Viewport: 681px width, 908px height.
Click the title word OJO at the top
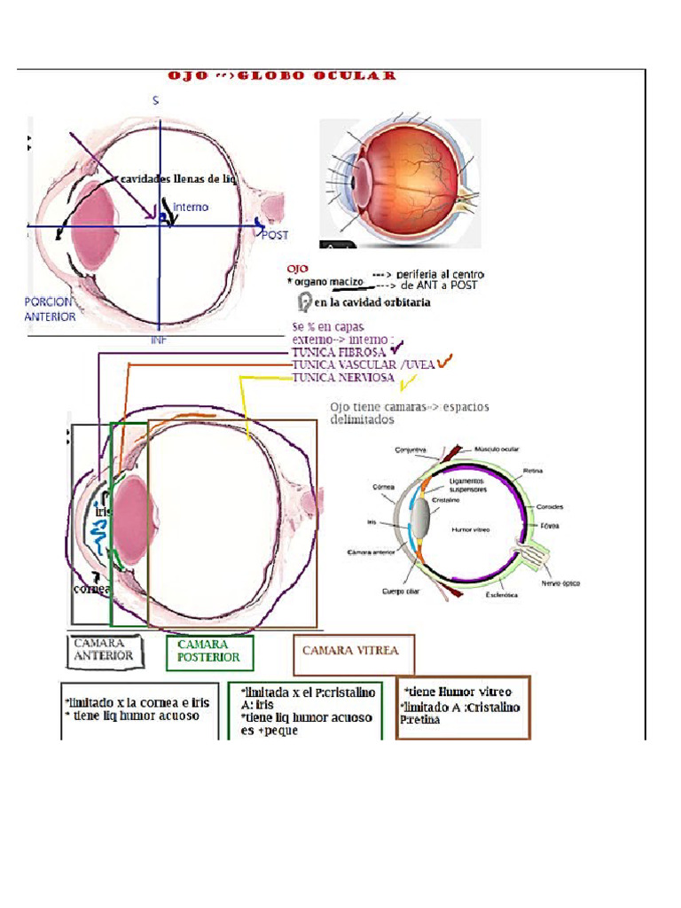188,76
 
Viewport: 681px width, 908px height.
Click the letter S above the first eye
155,101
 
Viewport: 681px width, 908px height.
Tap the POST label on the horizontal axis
275,235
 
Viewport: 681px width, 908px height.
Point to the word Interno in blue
191,207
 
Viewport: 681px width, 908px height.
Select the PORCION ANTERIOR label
50,309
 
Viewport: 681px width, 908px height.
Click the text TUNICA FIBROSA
339,352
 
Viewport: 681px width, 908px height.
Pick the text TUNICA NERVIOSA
344,378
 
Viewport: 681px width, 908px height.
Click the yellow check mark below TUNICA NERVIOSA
408,384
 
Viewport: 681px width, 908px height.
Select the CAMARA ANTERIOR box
103,650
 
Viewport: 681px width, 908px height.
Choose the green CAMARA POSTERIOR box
209,652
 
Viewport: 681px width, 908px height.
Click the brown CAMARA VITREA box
352,651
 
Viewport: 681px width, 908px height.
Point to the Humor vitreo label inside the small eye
471,529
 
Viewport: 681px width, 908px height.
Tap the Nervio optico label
560,584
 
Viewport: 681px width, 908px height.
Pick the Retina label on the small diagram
534,471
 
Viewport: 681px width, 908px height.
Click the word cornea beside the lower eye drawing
92,589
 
